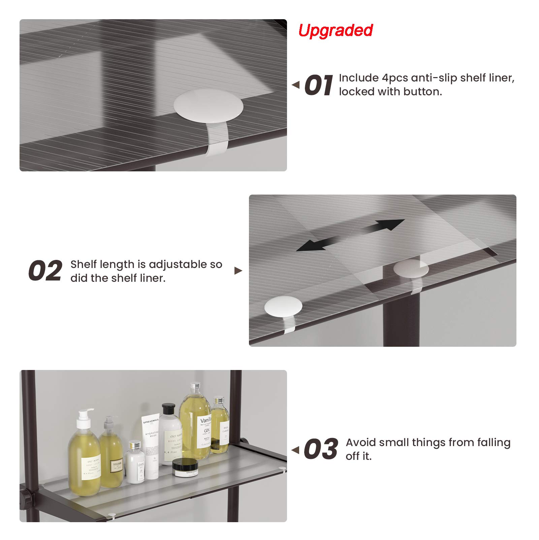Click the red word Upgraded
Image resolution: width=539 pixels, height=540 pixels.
pos(336,30)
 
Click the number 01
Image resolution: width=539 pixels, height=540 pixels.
pos(318,86)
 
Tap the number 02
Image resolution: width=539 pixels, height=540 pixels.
pos(45,271)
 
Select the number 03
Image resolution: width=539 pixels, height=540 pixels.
pos(320,449)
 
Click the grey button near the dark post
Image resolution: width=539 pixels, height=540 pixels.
pos(411,269)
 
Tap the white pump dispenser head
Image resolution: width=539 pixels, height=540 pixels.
pos(85,416)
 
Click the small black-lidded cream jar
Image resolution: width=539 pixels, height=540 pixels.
pos(185,467)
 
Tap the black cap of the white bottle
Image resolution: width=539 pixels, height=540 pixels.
pos(168,409)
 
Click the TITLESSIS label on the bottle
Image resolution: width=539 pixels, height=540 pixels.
pos(117,467)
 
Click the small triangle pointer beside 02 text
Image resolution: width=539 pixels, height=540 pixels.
pos(238,271)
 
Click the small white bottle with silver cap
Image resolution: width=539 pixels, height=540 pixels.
pos(135,461)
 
